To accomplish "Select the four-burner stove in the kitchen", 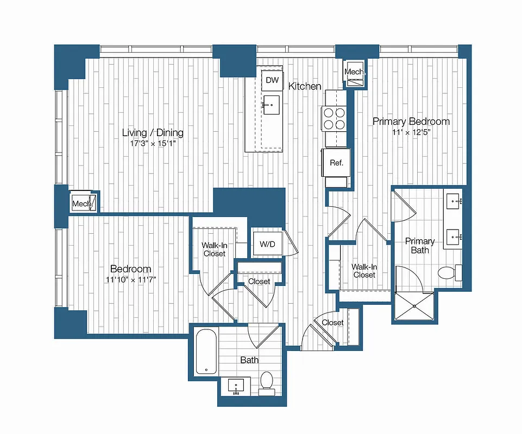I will tap(335, 118).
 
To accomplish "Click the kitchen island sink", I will tap(271, 104).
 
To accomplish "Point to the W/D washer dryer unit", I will tap(267, 244).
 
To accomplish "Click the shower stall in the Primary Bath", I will tap(414, 307).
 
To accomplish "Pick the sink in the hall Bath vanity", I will tap(236, 387).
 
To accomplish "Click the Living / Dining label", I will tap(153, 132).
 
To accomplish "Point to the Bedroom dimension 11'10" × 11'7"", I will tap(131, 280).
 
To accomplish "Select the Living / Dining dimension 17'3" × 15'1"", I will tap(153, 144).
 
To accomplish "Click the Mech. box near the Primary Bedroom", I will tap(355, 73).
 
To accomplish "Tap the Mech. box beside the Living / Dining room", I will tap(84, 203).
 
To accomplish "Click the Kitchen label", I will tap(304, 86).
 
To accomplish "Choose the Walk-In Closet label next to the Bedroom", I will tap(213, 249).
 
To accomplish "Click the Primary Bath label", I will tap(420, 245).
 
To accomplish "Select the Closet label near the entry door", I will tap(332, 322).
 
